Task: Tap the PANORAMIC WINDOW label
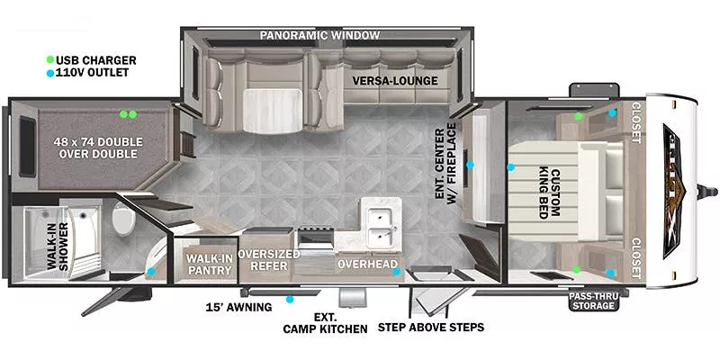[319, 36]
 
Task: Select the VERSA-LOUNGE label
[395, 81]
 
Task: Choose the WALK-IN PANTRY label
[209, 264]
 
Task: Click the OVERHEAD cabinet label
[367, 265]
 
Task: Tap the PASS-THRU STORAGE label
[594, 300]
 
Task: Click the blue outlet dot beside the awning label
[290, 299]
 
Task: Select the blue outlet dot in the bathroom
[151, 271]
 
